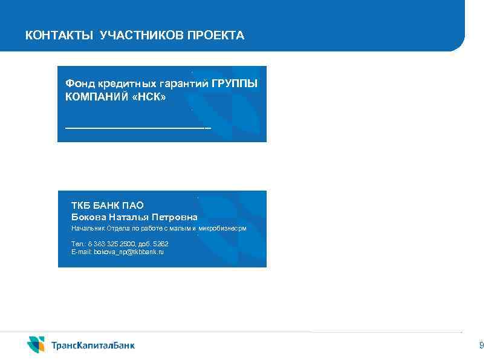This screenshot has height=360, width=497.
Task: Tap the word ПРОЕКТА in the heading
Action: pyautogui.click(x=215, y=36)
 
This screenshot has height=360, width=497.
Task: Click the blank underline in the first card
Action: pyautogui.click(x=138, y=128)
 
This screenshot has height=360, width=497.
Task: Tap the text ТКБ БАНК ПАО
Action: pyautogui.click(x=107, y=206)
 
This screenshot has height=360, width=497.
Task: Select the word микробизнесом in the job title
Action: pyautogui.click(x=223, y=229)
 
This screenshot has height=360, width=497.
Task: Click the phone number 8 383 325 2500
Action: pyautogui.click(x=115, y=243)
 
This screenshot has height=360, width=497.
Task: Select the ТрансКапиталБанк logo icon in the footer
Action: pyautogui.click(x=36, y=344)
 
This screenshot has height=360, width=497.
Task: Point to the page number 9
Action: pyautogui.click(x=481, y=345)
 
